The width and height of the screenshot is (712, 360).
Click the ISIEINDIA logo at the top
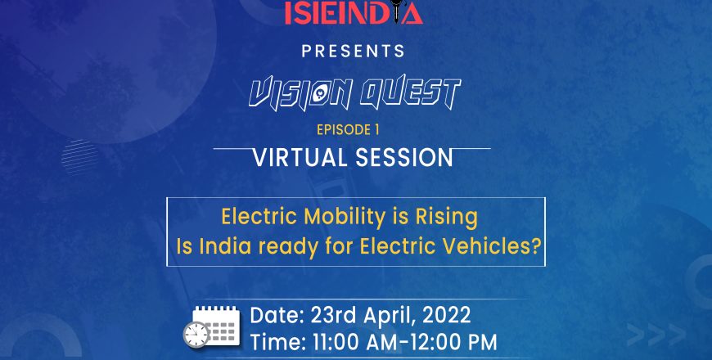pos(354,12)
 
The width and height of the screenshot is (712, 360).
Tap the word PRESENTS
pos(354,51)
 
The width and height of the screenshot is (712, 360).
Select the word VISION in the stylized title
pos(301,93)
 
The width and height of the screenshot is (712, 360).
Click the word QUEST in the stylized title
pos(410,93)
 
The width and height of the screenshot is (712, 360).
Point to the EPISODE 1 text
pos(348,130)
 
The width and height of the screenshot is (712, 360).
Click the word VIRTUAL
pos(300,158)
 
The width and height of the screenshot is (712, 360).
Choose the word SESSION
pos(404,158)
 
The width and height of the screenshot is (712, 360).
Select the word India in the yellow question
pos(225,246)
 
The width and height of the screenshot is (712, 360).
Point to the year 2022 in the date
pos(446,316)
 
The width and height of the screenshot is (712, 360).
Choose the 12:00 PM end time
pos(453,343)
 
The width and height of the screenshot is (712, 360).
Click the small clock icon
pos(196,335)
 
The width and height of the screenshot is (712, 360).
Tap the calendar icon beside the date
pos(217,325)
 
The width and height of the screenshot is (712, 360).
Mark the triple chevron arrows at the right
pos(656,335)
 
